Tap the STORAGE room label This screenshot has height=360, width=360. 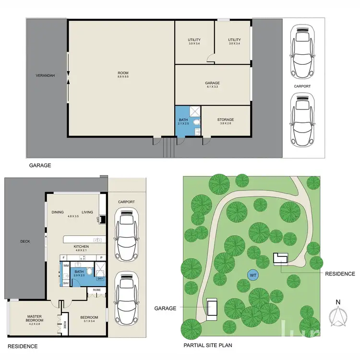(225, 120)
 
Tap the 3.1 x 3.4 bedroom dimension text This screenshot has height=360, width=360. (89, 322)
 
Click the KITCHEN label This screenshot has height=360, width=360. (81, 246)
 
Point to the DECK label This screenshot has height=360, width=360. (25, 241)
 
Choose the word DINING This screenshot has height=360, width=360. (58, 212)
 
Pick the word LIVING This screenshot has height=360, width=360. (87, 212)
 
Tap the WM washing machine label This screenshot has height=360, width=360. (66, 265)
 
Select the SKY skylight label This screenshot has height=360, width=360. (100, 278)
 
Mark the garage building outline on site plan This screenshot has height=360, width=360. (212, 309)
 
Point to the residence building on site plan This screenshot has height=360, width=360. (280, 258)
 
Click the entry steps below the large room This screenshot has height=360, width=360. (168, 148)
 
